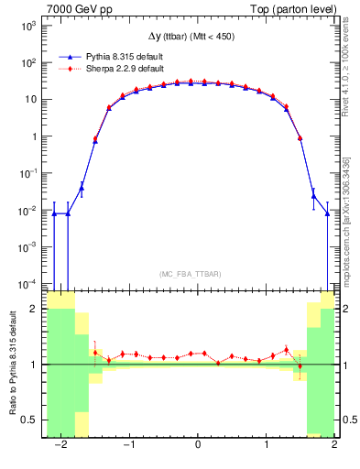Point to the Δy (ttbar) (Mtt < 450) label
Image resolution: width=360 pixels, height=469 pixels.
[197, 37]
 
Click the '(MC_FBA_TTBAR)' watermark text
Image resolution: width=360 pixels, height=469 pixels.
[196, 274]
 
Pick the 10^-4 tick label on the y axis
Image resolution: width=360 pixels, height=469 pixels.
[28, 282]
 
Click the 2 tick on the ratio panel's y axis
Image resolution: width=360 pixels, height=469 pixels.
[37, 310]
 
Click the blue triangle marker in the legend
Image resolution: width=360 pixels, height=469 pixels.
[72, 56]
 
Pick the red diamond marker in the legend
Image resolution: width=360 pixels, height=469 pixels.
[72, 69]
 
